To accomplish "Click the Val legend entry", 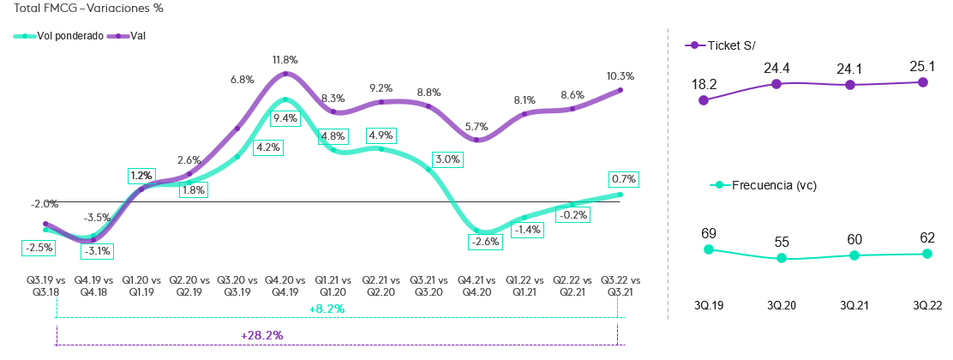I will tap(128, 36).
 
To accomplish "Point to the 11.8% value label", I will tap(285, 60).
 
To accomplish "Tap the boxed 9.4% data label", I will tap(285, 119).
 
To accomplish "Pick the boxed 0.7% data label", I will tap(623, 179).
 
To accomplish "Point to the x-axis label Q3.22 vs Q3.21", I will tap(620, 285).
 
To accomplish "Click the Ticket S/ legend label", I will tap(731, 45).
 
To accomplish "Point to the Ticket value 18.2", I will tap(705, 83).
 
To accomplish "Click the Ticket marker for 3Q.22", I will tap(923, 82).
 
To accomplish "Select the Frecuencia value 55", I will tap(782, 242).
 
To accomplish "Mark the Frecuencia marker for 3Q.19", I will tap(708, 249).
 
